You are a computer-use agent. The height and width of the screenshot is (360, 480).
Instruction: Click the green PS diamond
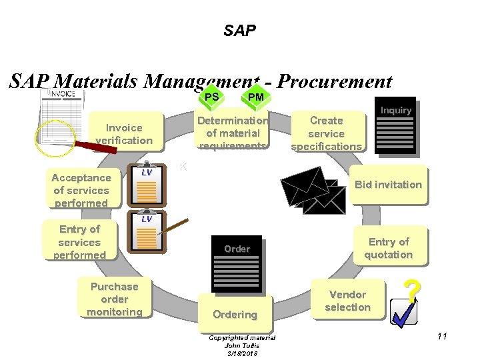212,97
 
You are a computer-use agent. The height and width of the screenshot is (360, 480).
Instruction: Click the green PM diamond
255,97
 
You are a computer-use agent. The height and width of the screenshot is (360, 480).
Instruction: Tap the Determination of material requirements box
233,133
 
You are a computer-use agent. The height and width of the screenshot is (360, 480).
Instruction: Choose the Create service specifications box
327,133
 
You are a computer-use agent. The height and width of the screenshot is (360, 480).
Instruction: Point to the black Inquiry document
395,126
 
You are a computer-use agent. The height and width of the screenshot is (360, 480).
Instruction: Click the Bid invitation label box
388,184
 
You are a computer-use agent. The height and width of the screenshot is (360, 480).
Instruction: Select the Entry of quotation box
388,248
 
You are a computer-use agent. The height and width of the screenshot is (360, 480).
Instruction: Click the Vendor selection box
347,301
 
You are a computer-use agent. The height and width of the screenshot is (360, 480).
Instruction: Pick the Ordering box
235,314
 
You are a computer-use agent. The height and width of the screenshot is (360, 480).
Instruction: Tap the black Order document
237,264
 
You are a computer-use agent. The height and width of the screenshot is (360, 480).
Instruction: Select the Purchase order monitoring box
114,299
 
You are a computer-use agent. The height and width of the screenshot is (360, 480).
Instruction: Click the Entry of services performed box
79,242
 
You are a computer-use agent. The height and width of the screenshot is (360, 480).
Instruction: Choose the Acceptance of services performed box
81,190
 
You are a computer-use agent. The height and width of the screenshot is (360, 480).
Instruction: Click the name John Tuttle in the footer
241,345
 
